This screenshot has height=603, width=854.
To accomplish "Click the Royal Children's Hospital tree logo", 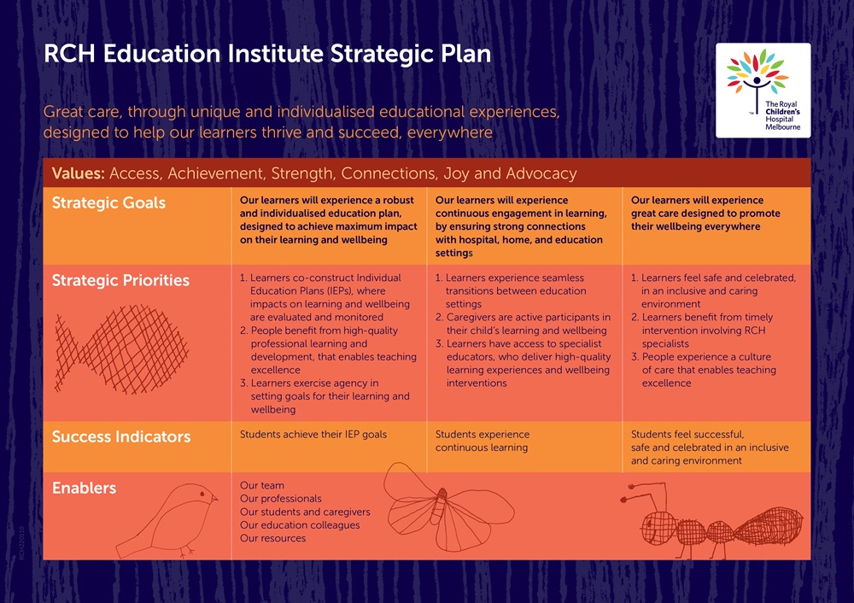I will coord(757,76).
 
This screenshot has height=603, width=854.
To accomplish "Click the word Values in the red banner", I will coord(78,173).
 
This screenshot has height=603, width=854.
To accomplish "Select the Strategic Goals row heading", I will coord(108,203).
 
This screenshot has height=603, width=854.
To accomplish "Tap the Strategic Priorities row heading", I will coord(120,280).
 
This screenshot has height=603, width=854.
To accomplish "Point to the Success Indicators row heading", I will coord(120,436).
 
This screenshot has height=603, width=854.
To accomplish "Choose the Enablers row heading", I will coord(85,488).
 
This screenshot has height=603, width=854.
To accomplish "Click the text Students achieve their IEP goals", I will coord(313,435).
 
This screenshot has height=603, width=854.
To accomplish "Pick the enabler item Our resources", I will coord(272,538).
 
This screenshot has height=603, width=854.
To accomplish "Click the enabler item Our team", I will coord(262,486).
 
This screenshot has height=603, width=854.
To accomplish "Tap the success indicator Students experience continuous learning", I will coord(482,441).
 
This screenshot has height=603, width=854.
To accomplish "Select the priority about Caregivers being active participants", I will coord(524,324).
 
